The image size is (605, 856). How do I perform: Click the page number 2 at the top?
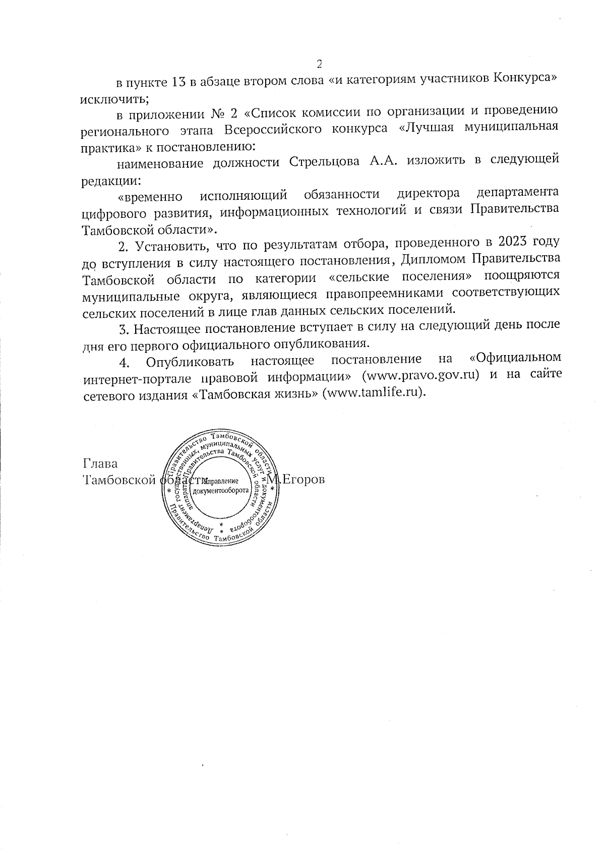point(319,64)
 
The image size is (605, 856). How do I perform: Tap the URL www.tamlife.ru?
point(374,393)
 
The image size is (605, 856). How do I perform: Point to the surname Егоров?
point(302,479)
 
